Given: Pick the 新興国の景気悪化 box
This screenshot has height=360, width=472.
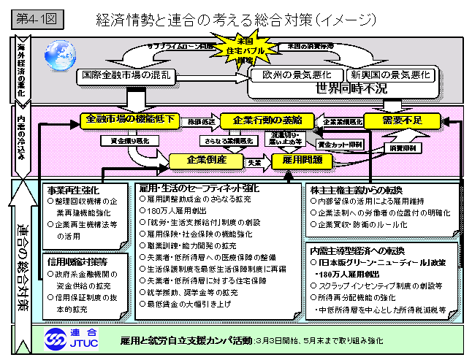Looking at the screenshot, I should point(391,75).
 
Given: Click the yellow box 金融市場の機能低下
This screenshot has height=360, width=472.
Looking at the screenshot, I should point(129,118).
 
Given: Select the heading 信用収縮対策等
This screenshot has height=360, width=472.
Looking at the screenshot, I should point(77,261).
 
